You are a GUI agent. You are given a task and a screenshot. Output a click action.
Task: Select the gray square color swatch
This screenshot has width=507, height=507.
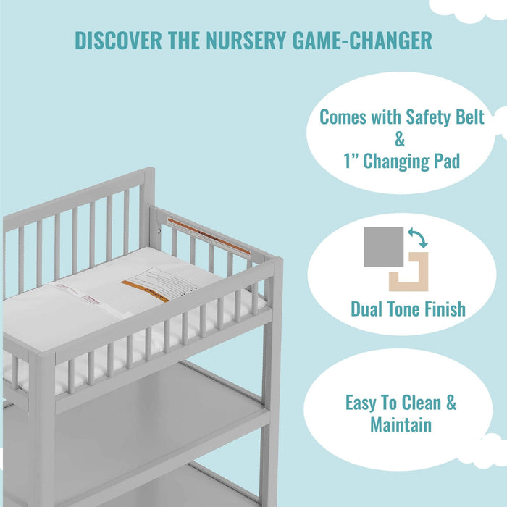pos(384,247)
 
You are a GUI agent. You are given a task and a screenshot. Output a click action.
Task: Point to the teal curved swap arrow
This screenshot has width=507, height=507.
pos(418,239)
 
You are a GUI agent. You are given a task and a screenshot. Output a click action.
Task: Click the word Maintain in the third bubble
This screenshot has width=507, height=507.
pos(401,424)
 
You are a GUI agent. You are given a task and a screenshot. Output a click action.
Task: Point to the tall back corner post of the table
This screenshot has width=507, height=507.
pos(147,210)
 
